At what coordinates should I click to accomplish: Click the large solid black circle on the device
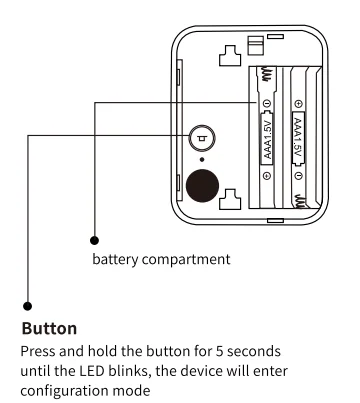pyautogui.click(x=202, y=186)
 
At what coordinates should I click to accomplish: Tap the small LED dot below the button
pyautogui.click(x=202, y=160)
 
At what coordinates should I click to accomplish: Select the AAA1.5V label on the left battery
pyautogui.click(x=267, y=139)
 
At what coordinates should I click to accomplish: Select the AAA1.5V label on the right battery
pyautogui.click(x=298, y=138)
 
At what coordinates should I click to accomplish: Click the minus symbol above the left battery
pyautogui.click(x=267, y=104)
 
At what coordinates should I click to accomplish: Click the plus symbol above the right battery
pyautogui.click(x=299, y=104)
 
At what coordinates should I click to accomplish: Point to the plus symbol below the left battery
pyautogui.click(x=267, y=175)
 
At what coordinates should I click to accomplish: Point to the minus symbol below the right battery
pyautogui.click(x=299, y=175)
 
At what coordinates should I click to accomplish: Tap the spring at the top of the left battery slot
pyautogui.click(x=267, y=74)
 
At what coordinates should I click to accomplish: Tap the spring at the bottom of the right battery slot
pyautogui.click(x=299, y=202)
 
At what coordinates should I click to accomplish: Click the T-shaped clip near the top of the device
pyautogui.click(x=230, y=56)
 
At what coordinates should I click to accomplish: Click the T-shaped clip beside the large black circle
pyautogui.click(x=230, y=199)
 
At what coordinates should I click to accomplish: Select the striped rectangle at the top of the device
pyautogui.click(x=256, y=45)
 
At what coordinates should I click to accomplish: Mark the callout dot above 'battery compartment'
pyautogui.click(x=94, y=240)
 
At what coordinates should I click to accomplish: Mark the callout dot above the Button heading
pyautogui.click(x=28, y=306)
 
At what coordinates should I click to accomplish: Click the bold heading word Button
pyautogui.click(x=49, y=328)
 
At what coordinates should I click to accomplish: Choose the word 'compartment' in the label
pyautogui.click(x=186, y=259)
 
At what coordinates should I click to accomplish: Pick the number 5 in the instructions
pyautogui.click(x=219, y=351)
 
